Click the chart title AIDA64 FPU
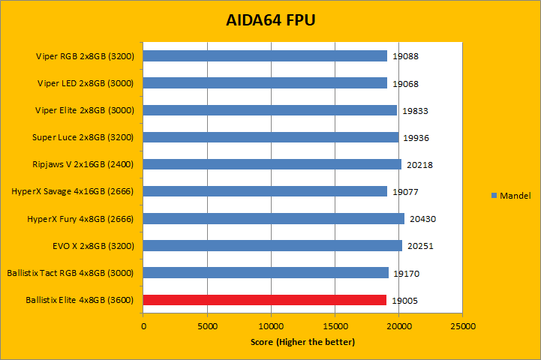pos(270,19)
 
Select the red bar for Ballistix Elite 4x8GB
pos(265,300)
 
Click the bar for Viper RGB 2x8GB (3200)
pos(265,56)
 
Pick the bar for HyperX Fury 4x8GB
pos(274,218)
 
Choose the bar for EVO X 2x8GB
pos(272,245)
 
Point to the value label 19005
pos(405,300)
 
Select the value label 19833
pos(415,111)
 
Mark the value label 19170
pos(406,273)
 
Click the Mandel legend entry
pos(515,196)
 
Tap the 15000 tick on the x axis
pos(335,327)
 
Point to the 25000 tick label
pos(462,327)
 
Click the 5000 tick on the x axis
pos(207,327)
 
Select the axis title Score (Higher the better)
pos(302,343)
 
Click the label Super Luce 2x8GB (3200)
pos(83,137)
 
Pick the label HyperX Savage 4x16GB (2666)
pos(73,191)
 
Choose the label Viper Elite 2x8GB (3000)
pos(85,110)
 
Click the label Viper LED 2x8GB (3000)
pos(86,83)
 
